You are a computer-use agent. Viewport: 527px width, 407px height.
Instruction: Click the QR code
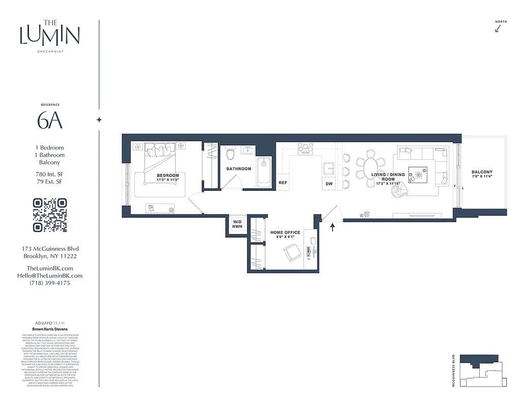click(50, 215)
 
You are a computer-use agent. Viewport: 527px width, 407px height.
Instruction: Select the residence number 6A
click(50, 120)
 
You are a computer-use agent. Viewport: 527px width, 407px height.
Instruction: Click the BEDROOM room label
click(167, 176)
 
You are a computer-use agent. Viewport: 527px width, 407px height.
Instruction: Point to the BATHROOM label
click(239, 169)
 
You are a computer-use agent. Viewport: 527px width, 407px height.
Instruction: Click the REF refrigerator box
click(282, 182)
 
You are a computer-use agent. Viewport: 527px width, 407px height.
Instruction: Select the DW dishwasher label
click(329, 184)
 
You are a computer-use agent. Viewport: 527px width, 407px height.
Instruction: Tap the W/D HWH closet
click(238, 224)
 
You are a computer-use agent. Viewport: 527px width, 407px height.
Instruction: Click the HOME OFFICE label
click(285, 232)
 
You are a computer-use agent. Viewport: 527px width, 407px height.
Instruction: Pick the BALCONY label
click(481, 172)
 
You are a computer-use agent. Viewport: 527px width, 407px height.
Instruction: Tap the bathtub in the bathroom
click(264, 171)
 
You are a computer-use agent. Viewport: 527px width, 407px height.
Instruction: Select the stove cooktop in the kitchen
click(305, 148)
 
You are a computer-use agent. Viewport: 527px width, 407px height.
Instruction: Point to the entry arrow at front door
click(333, 227)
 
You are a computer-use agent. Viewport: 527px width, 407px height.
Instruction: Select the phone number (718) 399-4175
click(50, 283)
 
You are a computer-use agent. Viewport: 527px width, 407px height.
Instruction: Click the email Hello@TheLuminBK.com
click(50, 276)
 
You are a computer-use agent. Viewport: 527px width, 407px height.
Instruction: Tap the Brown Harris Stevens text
click(50, 329)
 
